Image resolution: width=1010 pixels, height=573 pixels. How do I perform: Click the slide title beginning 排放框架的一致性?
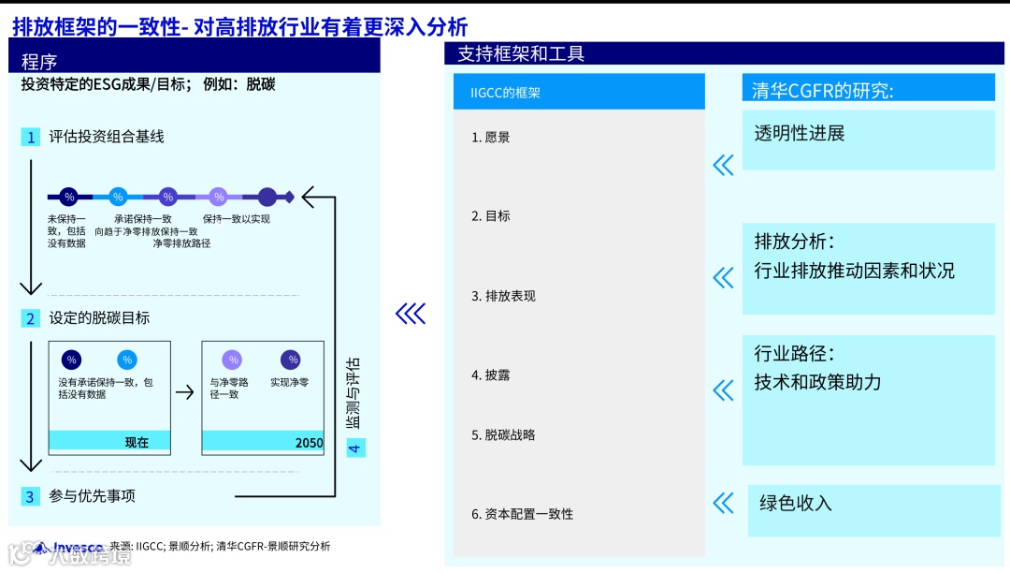239,26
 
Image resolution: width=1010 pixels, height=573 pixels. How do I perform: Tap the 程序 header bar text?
39,62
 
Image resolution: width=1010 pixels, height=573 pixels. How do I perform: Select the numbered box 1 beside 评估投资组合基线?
31,138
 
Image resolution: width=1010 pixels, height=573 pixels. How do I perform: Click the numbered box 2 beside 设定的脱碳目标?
31,318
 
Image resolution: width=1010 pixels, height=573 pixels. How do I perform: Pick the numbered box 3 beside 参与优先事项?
31,496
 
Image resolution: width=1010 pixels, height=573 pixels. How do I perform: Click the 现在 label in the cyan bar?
137,442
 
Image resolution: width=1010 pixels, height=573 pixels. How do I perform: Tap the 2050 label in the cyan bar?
309,443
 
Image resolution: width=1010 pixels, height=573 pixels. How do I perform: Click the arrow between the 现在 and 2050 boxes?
185,391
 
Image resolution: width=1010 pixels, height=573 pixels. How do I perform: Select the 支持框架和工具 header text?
521,54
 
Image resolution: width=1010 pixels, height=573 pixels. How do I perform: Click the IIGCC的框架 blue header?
505,93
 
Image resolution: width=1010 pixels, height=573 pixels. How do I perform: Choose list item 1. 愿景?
491,138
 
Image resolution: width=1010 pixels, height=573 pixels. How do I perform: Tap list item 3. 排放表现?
503,296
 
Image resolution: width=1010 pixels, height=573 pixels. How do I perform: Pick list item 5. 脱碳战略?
503,434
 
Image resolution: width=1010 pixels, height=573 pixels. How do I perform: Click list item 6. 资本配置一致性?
522,514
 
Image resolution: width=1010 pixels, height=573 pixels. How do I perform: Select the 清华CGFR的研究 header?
823,91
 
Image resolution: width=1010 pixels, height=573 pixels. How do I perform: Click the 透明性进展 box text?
800,134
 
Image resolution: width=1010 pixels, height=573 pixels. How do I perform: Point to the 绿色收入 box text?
795,504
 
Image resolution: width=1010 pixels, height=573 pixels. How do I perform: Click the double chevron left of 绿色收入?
723,504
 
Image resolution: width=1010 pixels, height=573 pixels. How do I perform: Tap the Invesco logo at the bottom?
70,548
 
